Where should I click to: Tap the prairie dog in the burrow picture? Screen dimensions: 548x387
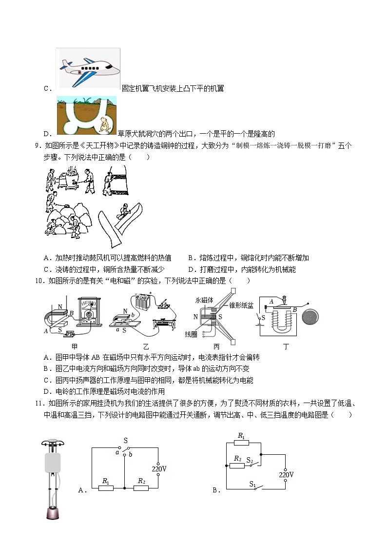104,125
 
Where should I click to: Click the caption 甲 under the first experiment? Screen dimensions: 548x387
75,346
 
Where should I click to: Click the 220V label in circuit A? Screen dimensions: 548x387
159,469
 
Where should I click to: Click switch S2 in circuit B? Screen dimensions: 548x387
250,464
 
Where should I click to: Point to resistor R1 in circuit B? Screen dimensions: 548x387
241,443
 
